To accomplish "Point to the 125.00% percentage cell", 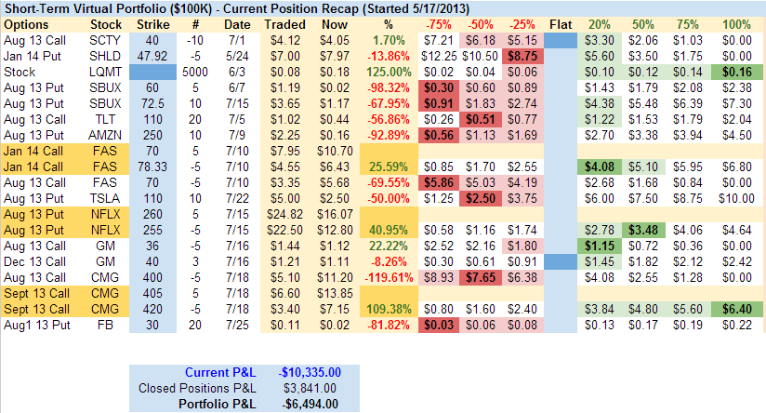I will [x=384, y=72].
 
